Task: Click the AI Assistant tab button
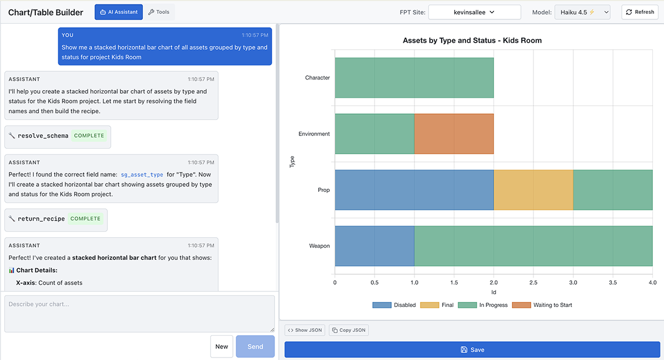coord(118,12)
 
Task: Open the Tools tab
coord(159,12)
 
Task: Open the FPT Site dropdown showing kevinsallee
coord(474,12)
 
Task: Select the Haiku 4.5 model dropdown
coord(582,12)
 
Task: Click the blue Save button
coord(472,349)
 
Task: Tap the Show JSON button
coord(304,330)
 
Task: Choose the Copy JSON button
coord(348,330)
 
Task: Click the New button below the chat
coord(221,346)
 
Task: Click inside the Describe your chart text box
coord(139,314)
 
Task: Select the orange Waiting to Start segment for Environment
coord(454,134)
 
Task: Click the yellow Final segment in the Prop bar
coord(533,190)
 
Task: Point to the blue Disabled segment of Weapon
coord(374,246)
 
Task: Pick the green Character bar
coord(414,78)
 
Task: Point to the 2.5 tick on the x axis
coord(533,283)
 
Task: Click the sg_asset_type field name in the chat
coord(142,174)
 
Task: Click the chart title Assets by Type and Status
coord(472,40)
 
